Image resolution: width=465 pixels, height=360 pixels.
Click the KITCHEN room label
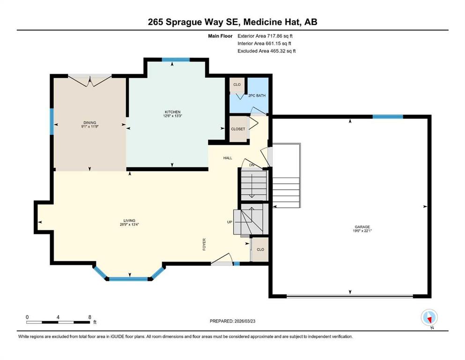click(173, 112)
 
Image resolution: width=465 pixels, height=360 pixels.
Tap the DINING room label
click(89, 122)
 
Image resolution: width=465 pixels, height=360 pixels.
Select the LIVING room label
click(129, 220)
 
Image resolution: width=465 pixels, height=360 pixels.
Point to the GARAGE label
click(362, 227)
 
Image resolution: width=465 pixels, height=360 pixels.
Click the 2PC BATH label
click(257, 96)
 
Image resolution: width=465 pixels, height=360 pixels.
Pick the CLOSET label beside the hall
click(238, 129)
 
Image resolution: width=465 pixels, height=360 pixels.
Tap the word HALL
click(228, 158)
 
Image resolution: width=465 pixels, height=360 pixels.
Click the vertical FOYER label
click(204, 244)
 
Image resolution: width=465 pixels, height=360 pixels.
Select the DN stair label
click(252, 165)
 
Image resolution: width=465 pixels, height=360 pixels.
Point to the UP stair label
click(229, 222)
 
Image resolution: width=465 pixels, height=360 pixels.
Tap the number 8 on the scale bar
click(89, 317)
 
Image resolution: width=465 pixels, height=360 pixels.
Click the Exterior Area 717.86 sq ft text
click(265, 36)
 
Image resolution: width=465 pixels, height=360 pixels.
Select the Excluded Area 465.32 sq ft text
click(266, 51)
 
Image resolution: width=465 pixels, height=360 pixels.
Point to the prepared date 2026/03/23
click(244, 321)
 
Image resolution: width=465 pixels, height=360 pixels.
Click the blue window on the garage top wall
click(388, 117)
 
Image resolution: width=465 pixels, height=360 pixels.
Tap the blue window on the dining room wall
click(52, 121)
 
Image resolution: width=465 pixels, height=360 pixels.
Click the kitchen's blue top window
click(176, 60)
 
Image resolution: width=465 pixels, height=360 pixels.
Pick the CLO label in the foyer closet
click(260, 249)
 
